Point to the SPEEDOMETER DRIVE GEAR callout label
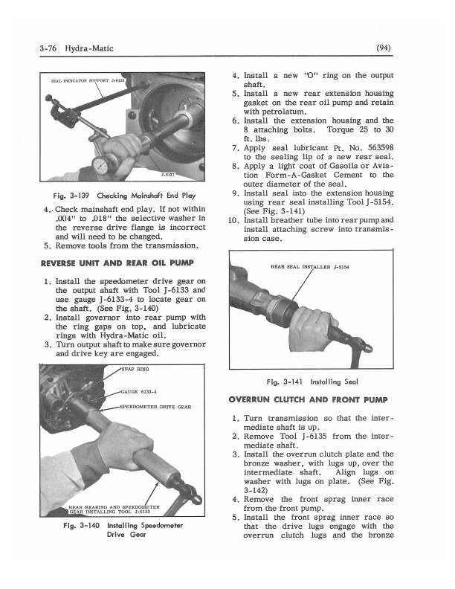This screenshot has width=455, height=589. click(155, 408)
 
